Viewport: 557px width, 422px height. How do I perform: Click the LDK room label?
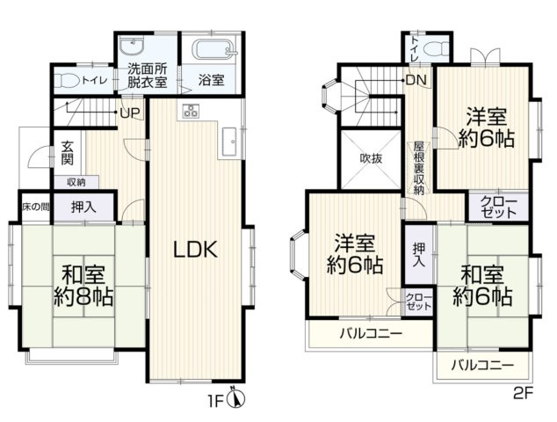(x=195, y=249)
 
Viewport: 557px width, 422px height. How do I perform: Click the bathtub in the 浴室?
(x=213, y=48)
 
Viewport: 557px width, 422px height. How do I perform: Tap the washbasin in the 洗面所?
(x=132, y=46)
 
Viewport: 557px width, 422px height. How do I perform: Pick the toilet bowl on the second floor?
(x=438, y=48)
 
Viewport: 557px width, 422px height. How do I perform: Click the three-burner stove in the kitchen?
(x=192, y=111)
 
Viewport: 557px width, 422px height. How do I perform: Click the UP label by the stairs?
(x=130, y=113)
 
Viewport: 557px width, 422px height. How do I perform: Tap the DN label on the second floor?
(x=416, y=80)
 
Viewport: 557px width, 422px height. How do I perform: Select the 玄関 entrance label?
(x=67, y=153)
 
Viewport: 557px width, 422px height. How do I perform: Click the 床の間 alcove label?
(x=36, y=207)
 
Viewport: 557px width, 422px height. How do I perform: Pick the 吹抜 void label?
(x=371, y=158)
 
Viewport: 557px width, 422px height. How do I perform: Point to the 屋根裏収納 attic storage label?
(x=419, y=169)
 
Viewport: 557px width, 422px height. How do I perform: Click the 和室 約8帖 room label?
(x=83, y=287)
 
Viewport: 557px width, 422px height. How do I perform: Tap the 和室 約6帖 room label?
(x=482, y=287)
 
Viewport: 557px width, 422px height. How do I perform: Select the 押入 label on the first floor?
(x=83, y=207)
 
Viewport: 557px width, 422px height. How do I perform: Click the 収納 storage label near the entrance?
(x=76, y=182)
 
